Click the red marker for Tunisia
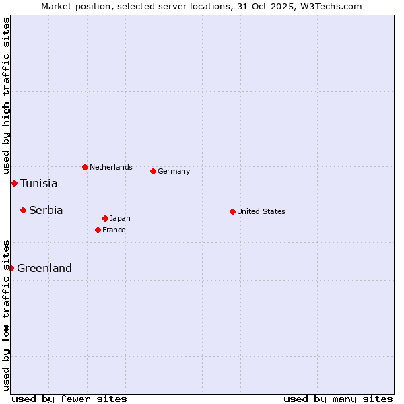(x=14, y=183)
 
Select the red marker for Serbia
(x=23, y=210)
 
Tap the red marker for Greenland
(x=11, y=268)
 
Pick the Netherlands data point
(x=85, y=167)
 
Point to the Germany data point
(x=153, y=171)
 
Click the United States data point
(x=232, y=211)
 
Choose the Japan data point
(x=105, y=218)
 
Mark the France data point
(x=98, y=230)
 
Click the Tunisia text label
(x=39, y=183)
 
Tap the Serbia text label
(x=46, y=210)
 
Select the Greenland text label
(x=44, y=268)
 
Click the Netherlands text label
(x=111, y=167)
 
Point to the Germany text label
(x=174, y=171)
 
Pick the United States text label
(x=261, y=211)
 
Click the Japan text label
(x=120, y=218)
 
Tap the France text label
(x=114, y=230)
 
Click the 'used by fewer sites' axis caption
(x=69, y=399)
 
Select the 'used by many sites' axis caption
(x=338, y=399)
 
